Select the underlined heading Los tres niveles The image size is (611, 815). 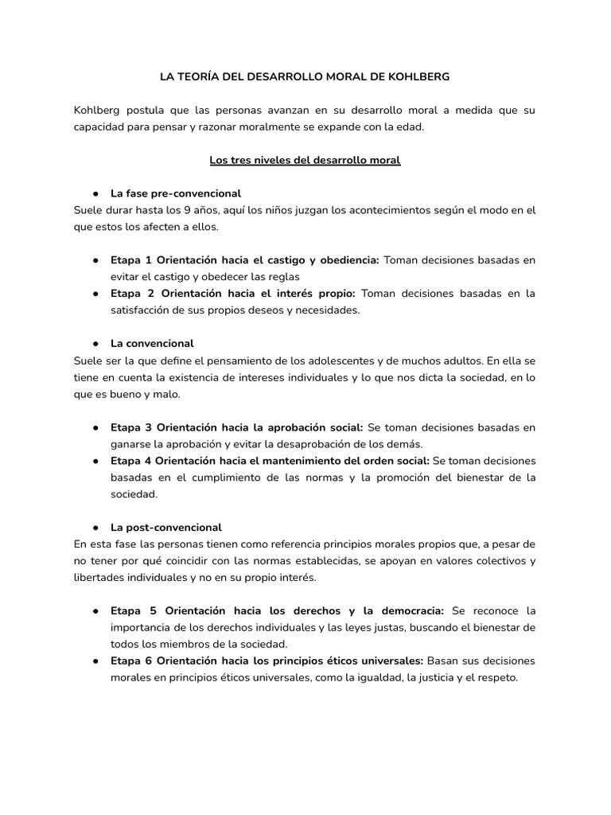[305, 160]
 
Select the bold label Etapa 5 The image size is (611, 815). [133, 610]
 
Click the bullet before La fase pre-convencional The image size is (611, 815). [95, 193]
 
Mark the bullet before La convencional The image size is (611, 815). [95, 344]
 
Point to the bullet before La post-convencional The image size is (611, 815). [95, 528]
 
